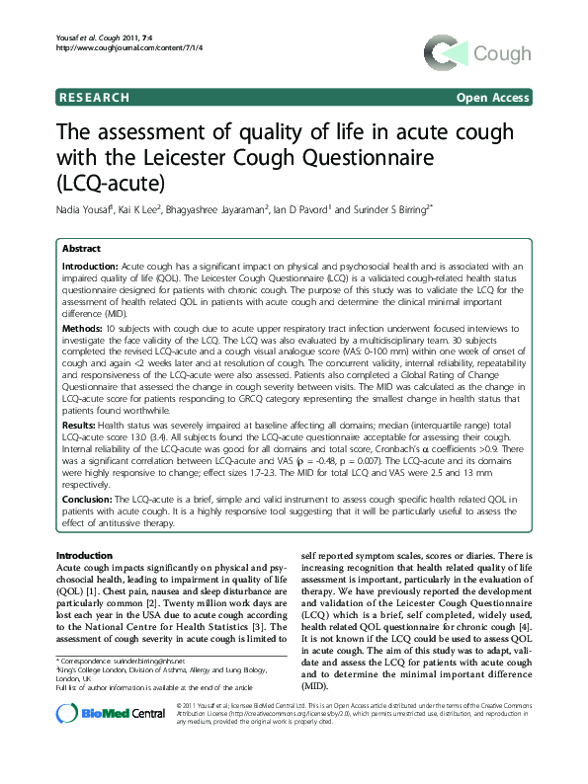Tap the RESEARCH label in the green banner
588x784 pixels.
(x=95, y=98)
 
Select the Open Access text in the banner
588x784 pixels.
(x=492, y=98)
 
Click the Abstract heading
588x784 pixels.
(x=82, y=250)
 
